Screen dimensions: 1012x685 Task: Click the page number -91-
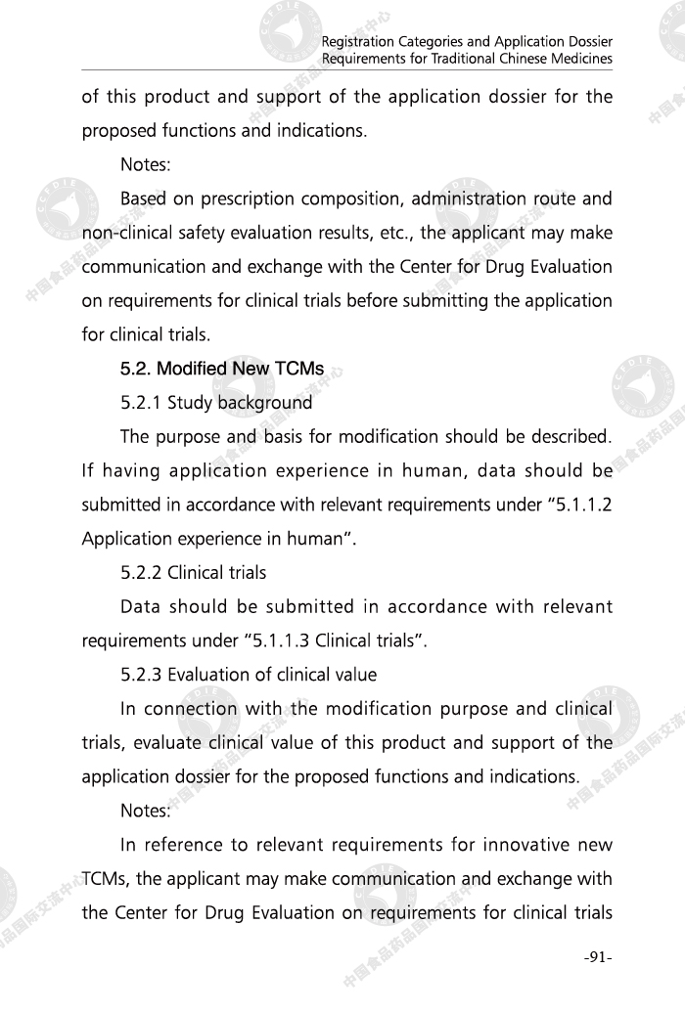click(x=595, y=957)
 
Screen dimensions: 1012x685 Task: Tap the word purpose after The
click(x=189, y=436)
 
